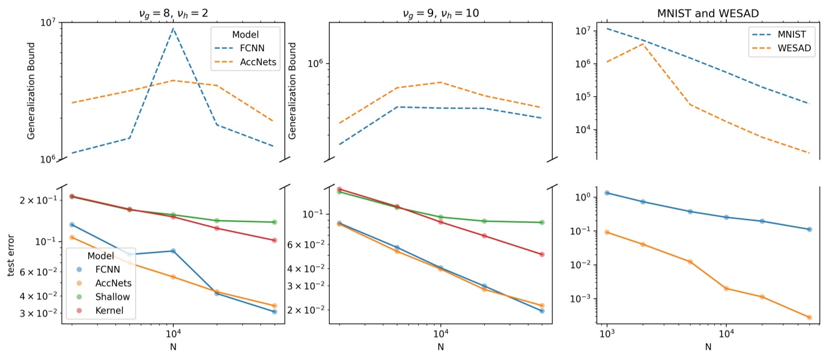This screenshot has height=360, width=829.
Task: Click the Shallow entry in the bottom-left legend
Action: [112, 296]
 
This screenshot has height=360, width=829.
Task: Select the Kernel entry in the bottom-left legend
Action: [109, 310]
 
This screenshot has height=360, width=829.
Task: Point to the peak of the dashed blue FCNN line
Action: [174, 28]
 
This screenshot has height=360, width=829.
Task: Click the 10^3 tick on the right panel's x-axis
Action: [607, 334]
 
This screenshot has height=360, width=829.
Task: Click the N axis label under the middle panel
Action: [440, 347]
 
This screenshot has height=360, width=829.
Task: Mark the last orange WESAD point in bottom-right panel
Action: [809, 317]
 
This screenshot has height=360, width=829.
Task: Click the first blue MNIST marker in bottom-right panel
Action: [607, 193]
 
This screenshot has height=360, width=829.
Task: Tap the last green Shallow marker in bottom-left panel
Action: [275, 222]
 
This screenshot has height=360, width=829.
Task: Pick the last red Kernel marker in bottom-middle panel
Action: [542, 254]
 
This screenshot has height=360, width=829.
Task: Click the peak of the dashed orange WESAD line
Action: [643, 44]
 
